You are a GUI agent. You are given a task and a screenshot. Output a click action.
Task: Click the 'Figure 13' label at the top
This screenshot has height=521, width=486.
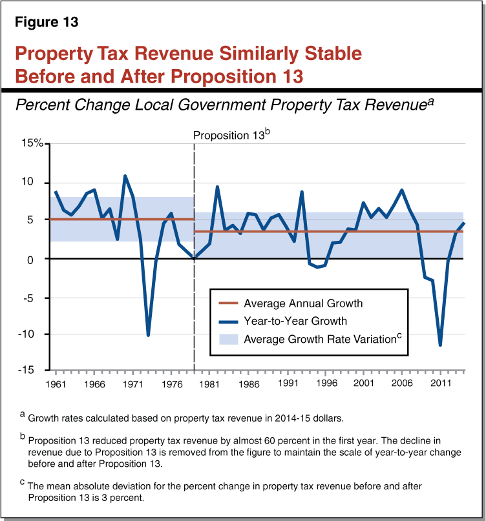[47, 22]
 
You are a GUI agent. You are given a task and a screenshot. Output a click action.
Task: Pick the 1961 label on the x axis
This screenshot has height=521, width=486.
[56, 383]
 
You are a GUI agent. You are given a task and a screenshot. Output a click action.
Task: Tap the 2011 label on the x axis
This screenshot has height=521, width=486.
[441, 383]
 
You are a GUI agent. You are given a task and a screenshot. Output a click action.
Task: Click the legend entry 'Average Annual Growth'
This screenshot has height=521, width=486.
[302, 303]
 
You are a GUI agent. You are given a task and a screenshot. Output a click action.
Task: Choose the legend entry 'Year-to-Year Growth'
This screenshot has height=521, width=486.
[295, 321]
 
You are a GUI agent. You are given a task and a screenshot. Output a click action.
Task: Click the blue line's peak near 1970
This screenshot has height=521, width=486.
[125, 176]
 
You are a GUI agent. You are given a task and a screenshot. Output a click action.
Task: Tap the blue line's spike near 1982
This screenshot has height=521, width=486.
[217, 187]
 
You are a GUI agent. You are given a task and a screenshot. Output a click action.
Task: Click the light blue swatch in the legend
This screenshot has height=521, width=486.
[227, 339]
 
